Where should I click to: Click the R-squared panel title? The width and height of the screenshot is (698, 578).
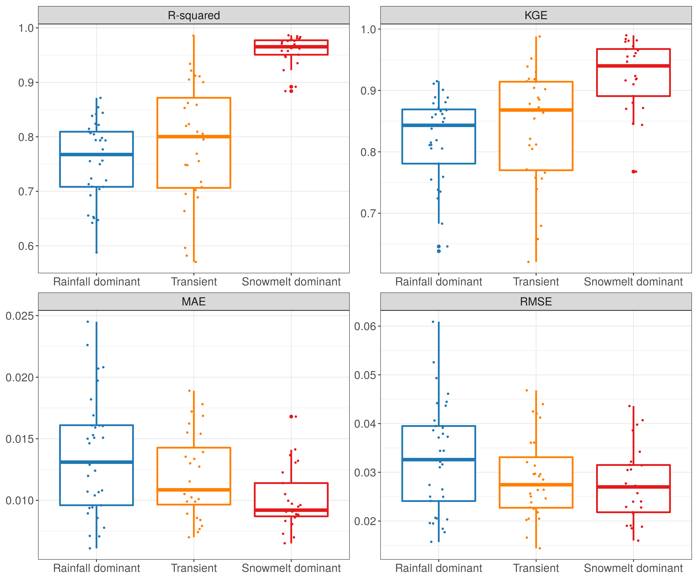pyautogui.click(x=194, y=15)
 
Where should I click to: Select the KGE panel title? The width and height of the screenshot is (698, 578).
pyautogui.click(x=536, y=15)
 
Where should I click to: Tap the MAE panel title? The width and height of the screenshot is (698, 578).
pyautogui.click(x=194, y=302)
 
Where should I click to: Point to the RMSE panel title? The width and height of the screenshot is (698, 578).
pyautogui.click(x=536, y=302)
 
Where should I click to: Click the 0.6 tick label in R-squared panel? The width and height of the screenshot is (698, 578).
pyautogui.click(x=26, y=246)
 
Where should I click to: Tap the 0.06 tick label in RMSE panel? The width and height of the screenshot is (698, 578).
pyautogui.click(x=365, y=326)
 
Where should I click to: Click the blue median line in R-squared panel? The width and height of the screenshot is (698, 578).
pyautogui.click(x=96, y=154)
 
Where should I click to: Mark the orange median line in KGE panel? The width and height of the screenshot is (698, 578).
pyautogui.click(x=536, y=110)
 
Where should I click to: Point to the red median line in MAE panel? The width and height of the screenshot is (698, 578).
pyautogui.click(x=291, y=510)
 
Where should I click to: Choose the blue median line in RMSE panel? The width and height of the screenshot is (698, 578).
pyautogui.click(x=438, y=460)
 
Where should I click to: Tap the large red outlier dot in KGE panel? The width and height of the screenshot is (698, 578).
pyautogui.click(x=634, y=172)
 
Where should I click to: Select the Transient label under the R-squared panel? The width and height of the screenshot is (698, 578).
pyautogui.click(x=194, y=282)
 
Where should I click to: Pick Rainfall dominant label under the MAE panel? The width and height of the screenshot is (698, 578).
pyautogui.click(x=96, y=568)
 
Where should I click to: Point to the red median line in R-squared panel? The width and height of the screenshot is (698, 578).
pyautogui.click(x=291, y=47)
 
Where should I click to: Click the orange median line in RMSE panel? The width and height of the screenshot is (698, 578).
pyautogui.click(x=536, y=484)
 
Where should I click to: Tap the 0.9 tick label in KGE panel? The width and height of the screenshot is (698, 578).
pyautogui.click(x=368, y=91)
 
